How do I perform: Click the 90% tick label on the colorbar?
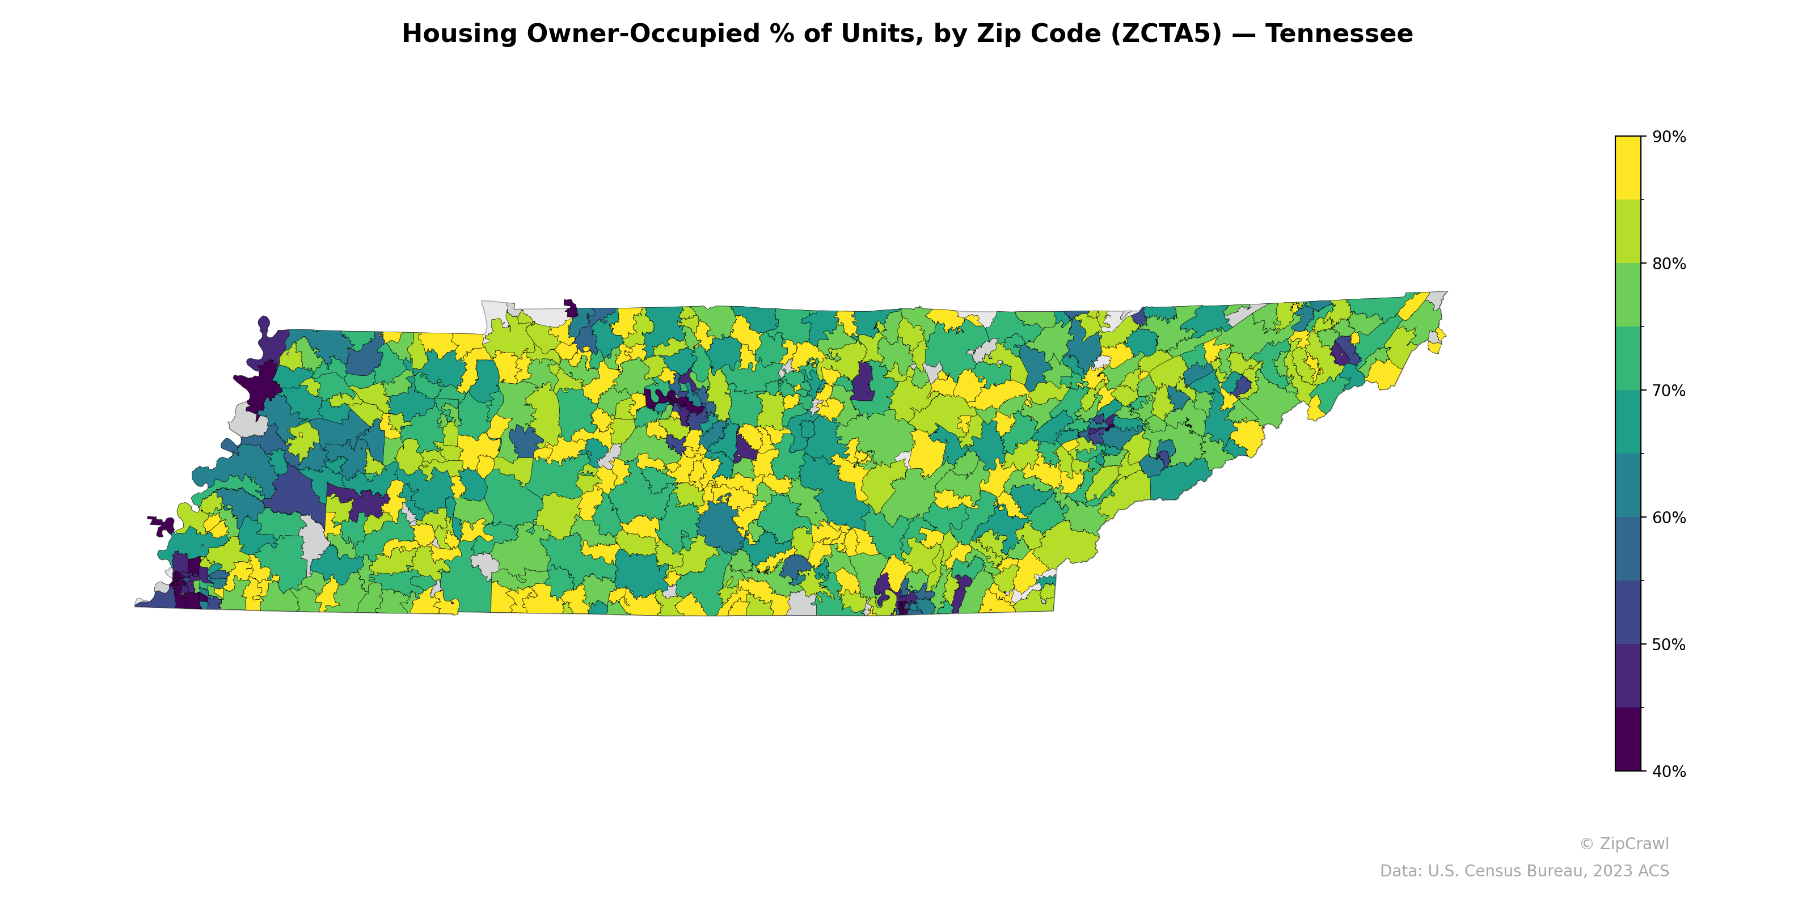(1669, 137)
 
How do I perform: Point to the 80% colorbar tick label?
(1669, 264)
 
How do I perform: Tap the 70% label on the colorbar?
(1669, 391)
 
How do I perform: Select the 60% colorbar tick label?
(1669, 518)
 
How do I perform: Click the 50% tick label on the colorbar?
(1669, 645)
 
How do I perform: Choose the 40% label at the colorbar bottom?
(1669, 772)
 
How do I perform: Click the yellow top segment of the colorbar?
(1628, 168)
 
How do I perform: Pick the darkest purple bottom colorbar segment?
(1628, 739)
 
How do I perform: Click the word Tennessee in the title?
(1339, 34)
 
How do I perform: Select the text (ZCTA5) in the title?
(1166, 34)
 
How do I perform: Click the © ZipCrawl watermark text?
(1623, 844)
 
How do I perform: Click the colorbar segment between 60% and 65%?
(1628, 486)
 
